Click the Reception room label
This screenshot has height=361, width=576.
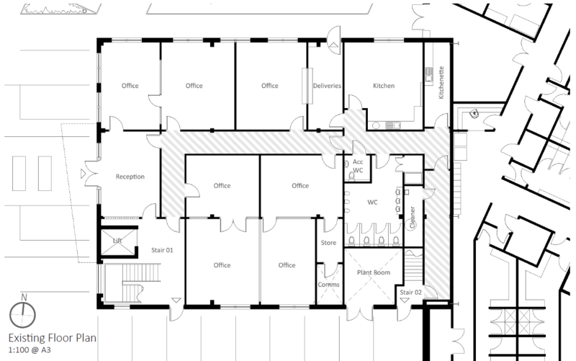pyautogui.click(x=130, y=177)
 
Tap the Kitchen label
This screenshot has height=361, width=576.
pyautogui.click(x=384, y=86)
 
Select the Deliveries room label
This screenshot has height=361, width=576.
pyautogui.click(x=327, y=86)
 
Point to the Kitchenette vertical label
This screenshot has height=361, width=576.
pyautogui.click(x=441, y=82)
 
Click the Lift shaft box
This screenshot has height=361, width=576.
pyautogui.click(x=118, y=241)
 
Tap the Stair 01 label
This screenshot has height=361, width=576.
pyautogui.click(x=162, y=250)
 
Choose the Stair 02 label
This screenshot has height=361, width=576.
pyautogui.click(x=410, y=293)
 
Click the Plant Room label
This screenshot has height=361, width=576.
pyautogui.click(x=374, y=272)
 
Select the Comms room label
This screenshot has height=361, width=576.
pyautogui.click(x=329, y=285)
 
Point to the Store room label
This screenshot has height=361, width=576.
pyautogui.click(x=328, y=243)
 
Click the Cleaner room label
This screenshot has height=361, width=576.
pyautogui.click(x=412, y=218)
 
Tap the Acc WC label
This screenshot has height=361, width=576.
pyautogui.click(x=358, y=166)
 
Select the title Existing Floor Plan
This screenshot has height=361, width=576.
pyautogui.click(x=52, y=338)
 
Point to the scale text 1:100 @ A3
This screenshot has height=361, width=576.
pyautogui.click(x=30, y=349)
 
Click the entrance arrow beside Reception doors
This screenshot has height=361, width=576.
pyautogui.click(x=83, y=174)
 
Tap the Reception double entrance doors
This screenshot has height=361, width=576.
pyautogui.click(x=92, y=174)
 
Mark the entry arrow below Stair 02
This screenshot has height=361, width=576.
pyautogui.click(x=405, y=300)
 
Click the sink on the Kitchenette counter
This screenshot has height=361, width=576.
pyautogui.click(x=428, y=75)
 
